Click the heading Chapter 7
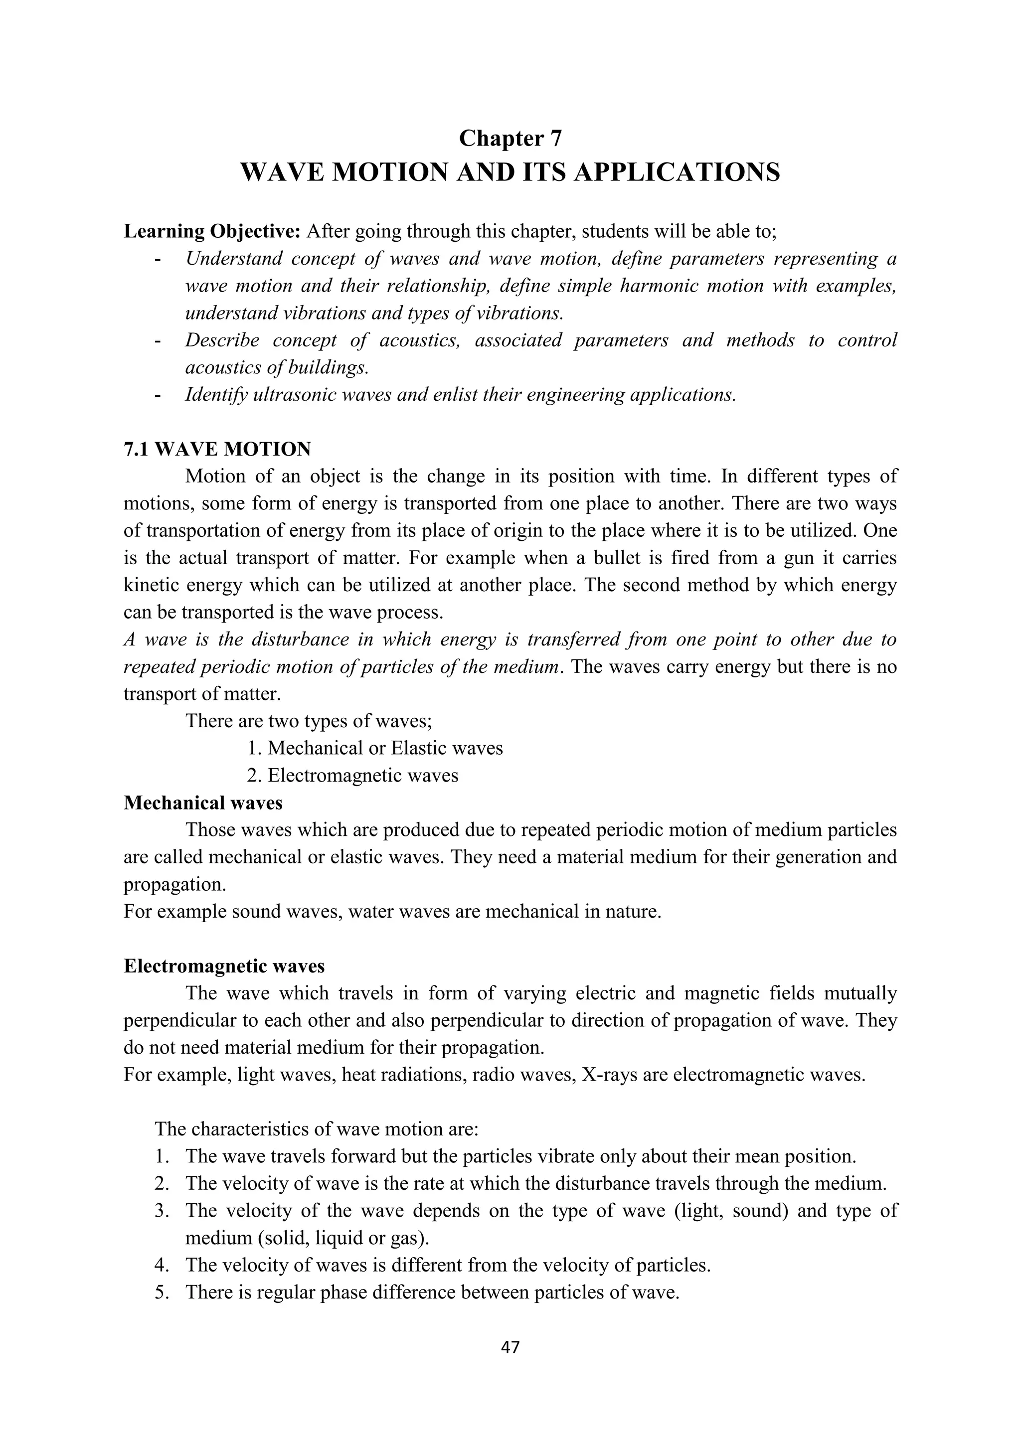click(x=510, y=138)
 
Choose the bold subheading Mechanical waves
click(x=203, y=802)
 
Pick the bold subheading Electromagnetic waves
click(x=224, y=966)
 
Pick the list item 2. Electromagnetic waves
click(x=352, y=776)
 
